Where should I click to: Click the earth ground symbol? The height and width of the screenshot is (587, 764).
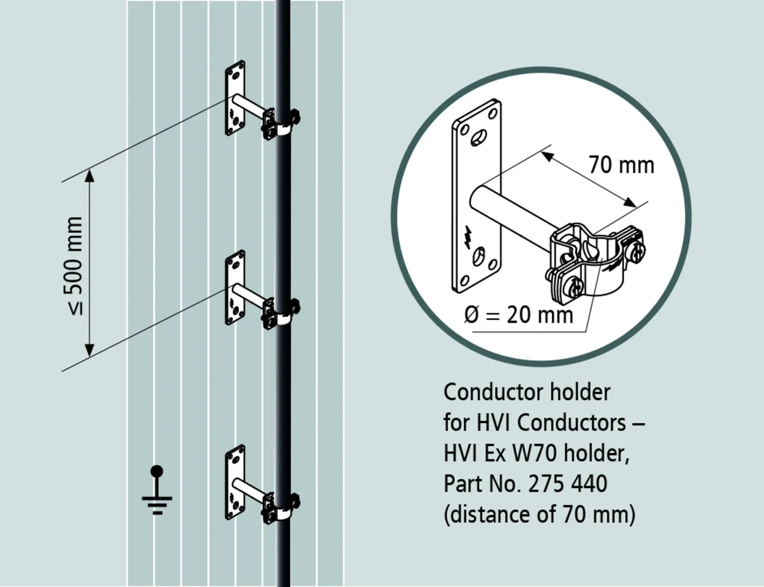[x=157, y=492]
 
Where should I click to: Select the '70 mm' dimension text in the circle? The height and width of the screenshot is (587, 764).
[x=621, y=165]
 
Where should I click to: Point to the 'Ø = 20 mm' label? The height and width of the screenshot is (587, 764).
[x=518, y=314]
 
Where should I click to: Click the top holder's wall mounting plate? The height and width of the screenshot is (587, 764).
[x=235, y=97]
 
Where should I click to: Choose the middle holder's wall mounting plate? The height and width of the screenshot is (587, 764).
[x=235, y=288]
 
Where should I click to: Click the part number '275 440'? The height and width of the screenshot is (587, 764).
[x=568, y=483]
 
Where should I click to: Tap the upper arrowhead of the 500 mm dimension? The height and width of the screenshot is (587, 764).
[x=90, y=175]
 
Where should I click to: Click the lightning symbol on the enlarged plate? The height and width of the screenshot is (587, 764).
[x=469, y=236]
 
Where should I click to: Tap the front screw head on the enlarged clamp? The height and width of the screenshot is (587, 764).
[x=575, y=291]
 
